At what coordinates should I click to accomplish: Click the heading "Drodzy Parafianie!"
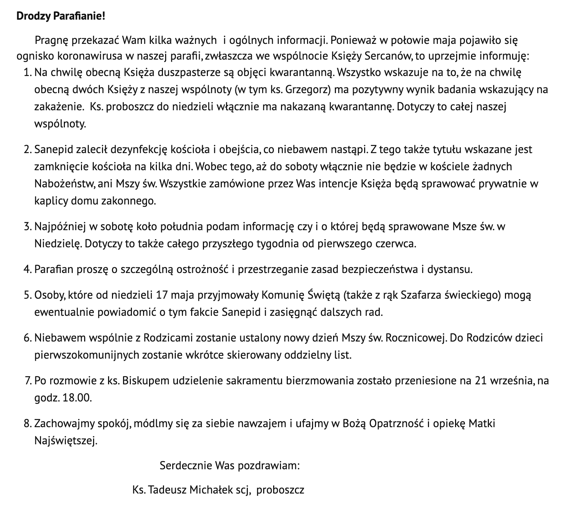tap(61, 16)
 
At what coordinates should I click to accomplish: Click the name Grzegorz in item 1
tap(305, 90)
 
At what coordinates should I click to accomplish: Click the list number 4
tap(27, 269)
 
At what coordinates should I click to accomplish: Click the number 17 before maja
tap(162, 295)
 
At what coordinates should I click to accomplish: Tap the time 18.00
tap(77, 398)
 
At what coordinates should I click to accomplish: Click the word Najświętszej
tap(65, 441)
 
